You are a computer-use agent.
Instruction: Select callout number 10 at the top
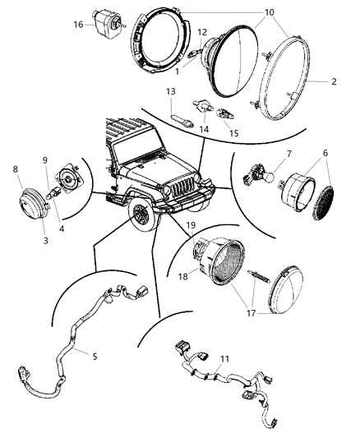(246, 13)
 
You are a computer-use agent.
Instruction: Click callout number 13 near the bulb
(170, 91)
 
